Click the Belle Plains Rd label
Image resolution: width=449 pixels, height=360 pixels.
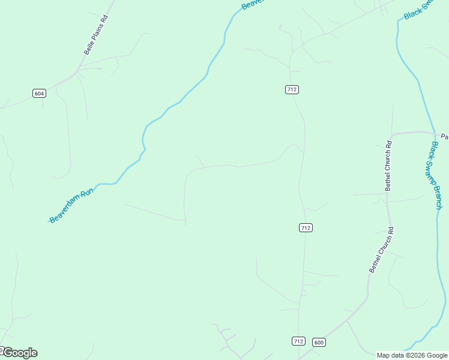pyautogui.click(x=96, y=35)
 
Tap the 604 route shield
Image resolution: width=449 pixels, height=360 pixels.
pyautogui.click(x=39, y=93)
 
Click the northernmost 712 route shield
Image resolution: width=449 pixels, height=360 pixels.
pyautogui.click(x=292, y=89)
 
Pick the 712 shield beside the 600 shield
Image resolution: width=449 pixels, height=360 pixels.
pyautogui.click(x=298, y=341)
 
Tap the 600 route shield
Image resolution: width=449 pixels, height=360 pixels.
pyautogui.click(x=319, y=342)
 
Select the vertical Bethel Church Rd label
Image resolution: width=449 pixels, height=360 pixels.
pyautogui.click(x=388, y=166)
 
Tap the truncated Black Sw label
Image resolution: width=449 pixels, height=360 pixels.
pyautogui.click(x=418, y=9)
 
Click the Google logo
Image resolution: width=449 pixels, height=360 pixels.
pyautogui.click(x=19, y=353)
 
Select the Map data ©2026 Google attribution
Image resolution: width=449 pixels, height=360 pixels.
pyautogui.click(x=411, y=355)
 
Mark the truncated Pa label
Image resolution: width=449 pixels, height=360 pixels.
pyautogui.click(x=444, y=136)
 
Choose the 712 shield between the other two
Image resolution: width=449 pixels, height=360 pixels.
pyautogui.click(x=306, y=227)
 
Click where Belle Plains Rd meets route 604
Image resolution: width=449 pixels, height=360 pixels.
pyautogui.click(x=77, y=73)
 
